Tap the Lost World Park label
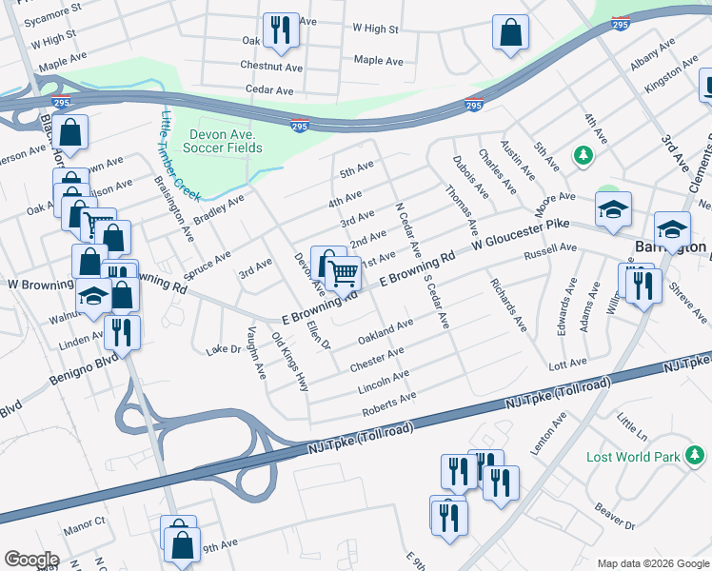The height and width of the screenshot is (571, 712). point(633,457)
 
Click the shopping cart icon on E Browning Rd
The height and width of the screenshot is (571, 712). point(343,273)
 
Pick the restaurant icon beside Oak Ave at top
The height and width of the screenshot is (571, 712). point(282,30)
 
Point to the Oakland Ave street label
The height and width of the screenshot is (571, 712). point(386,332)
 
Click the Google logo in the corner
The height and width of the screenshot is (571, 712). point(31,560)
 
